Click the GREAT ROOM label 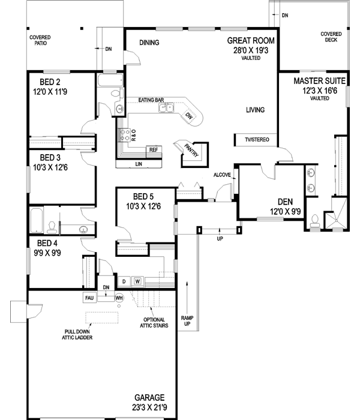(250, 41)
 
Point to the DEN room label (285, 202)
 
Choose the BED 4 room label (47, 243)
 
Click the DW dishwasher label (189, 115)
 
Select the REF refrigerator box (153, 149)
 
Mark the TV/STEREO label (256, 139)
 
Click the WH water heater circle (119, 298)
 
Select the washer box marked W (137, 281)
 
